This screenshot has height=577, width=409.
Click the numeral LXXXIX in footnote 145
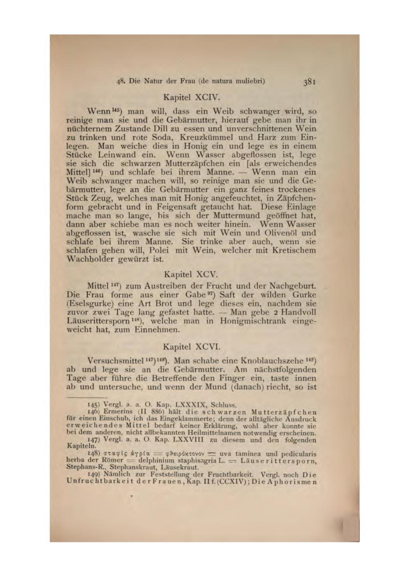189,405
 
